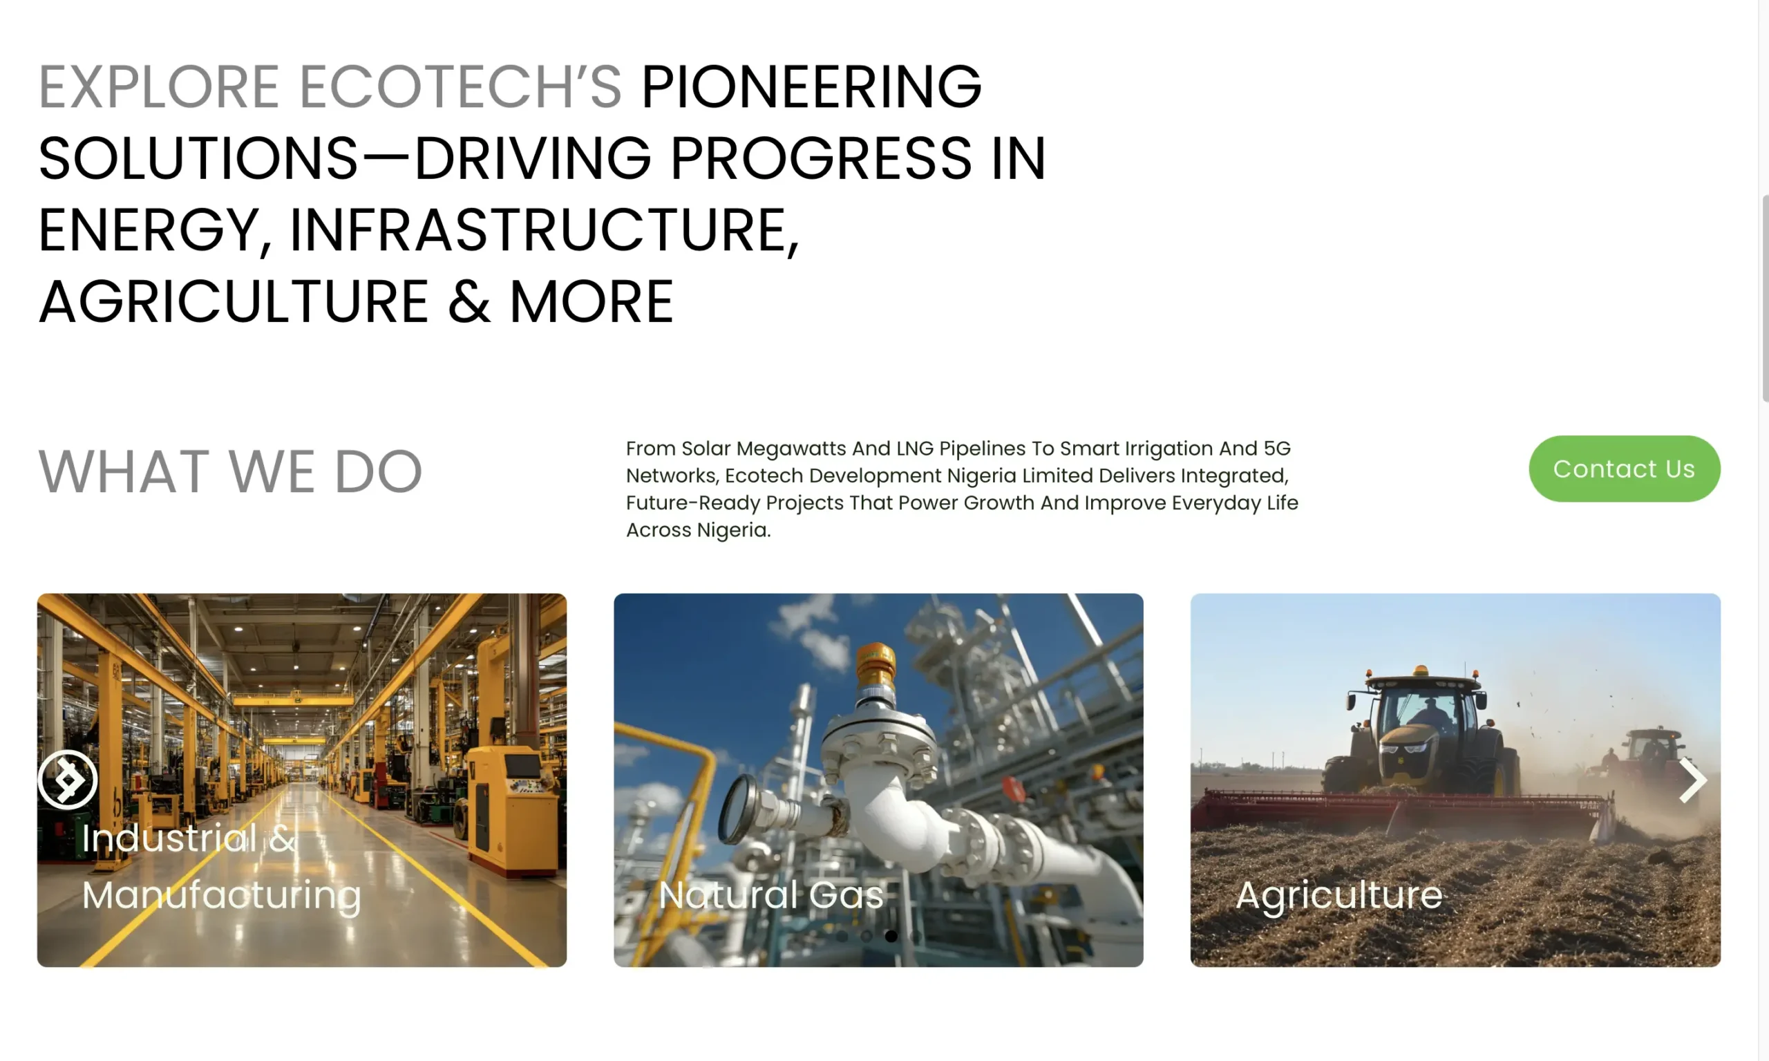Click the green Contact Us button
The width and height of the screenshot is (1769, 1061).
[1624, 469]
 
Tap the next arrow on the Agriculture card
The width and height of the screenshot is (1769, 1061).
[1692, 780]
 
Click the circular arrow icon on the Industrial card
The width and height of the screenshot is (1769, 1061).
[67, 779]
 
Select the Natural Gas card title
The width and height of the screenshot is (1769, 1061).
[771, 894]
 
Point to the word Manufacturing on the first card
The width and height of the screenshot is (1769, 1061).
[222, 896]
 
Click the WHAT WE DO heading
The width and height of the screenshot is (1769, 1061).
[230, 471]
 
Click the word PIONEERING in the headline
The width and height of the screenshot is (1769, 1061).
[811, 86]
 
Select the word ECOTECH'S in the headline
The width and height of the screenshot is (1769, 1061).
[460, 86]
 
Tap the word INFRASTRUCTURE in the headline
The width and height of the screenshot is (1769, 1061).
[544, 230]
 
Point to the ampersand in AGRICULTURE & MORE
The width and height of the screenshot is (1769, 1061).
[469, 302]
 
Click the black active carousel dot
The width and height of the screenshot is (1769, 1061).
[891, 936]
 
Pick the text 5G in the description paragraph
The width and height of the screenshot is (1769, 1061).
[1276, 449]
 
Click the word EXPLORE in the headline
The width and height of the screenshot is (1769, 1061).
[159, 86]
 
